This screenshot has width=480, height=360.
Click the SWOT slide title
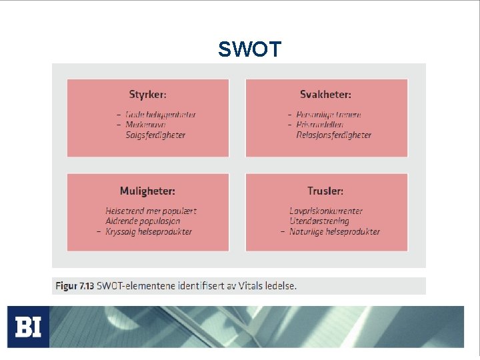point(250,49)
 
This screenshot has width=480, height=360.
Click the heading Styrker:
point(148,95)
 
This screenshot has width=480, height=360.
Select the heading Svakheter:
point(325,95)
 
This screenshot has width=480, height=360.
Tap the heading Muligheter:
point(147,191)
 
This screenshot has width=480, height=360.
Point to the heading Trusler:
point(325,191)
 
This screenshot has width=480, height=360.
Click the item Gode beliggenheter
point(161,115)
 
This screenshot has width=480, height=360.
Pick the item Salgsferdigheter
point(155,135)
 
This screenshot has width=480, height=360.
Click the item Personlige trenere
point(329,115)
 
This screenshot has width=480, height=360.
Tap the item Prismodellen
point(320,125)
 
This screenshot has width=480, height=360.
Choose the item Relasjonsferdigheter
point(333,135)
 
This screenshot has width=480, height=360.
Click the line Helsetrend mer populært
point(151,211)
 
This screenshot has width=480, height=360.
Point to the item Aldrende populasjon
point(143,221)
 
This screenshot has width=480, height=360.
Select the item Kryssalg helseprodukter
point(149,231)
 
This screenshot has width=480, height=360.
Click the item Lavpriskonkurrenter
point(326,211)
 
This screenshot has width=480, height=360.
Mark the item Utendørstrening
point(319,221)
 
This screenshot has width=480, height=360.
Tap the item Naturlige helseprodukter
point(335,231)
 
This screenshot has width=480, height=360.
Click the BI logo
point(29,327)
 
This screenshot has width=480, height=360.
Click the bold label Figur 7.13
point(75,286)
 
